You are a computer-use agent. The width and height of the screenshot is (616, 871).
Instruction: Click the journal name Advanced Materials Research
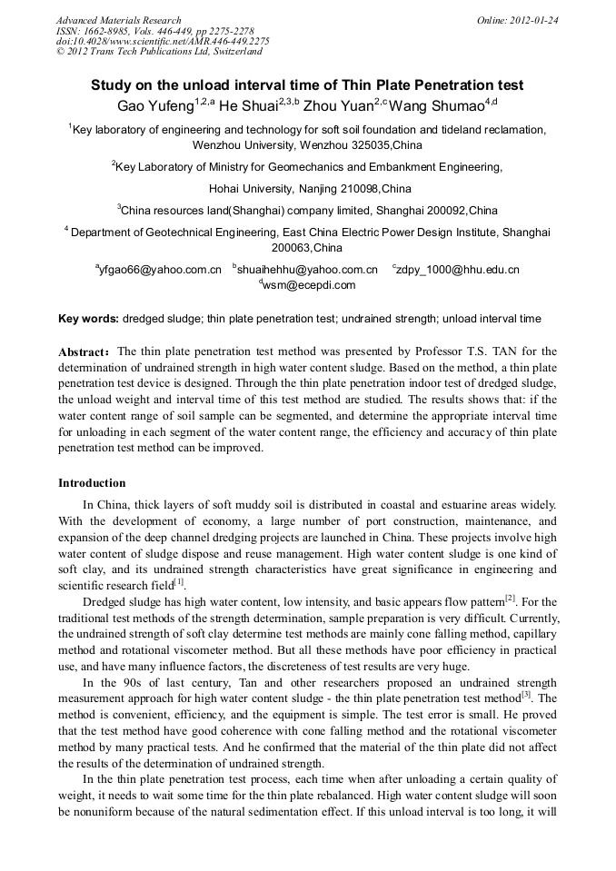tap(118, 20)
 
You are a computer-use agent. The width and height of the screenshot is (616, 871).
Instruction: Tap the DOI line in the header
tap(163, 41)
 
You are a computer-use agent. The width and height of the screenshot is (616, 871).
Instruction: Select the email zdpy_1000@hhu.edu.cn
tap(458, 270)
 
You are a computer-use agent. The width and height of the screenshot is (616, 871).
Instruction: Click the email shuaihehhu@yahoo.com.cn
tap(308, 270)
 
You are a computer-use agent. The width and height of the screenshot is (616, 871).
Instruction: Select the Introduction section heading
tap(92, 482)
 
